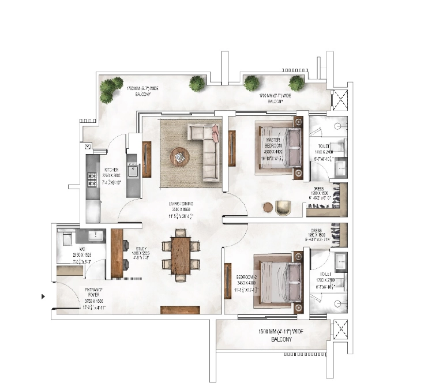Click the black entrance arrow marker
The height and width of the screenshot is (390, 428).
pos(43,297)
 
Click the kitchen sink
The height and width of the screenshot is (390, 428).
pos(133,171)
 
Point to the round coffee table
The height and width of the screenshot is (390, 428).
pos(179,156)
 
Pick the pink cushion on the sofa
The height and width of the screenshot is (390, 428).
pos(215,134)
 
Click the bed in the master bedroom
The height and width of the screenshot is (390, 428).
pos(280,148)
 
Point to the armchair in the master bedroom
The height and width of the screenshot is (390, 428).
pos(283,207)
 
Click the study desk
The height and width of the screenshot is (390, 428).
pos(118,252)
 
